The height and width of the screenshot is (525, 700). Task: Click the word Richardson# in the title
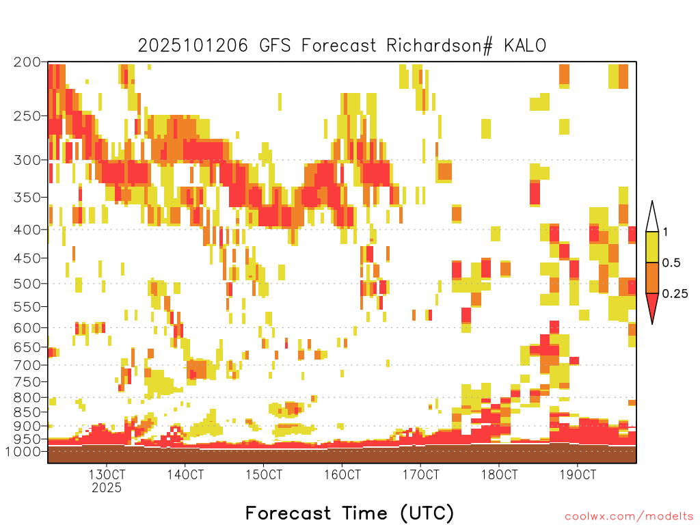point(440,46)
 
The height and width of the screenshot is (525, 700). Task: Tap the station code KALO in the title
point(525,46)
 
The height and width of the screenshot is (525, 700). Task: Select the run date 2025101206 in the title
point(192,46)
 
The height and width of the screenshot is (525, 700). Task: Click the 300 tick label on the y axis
point(27,160)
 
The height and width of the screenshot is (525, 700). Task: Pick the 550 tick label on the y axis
point(27,307)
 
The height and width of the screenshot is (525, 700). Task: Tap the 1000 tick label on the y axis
point(23,451)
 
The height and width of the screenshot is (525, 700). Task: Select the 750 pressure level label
point(27,381)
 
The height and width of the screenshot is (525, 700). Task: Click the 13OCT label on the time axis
point(107,474)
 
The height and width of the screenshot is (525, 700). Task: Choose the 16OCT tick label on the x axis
point(342,474)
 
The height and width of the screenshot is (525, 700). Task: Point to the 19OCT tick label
point(578,474)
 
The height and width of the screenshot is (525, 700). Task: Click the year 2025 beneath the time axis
point(107,487)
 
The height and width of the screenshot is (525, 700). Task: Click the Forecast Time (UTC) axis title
point(349,513)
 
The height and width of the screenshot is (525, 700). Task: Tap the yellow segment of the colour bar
point(652,247)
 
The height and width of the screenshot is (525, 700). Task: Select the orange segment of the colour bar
point(652,278)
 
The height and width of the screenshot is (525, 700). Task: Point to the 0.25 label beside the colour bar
point(675,294)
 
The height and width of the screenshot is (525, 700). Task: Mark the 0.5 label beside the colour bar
point(671,263)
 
